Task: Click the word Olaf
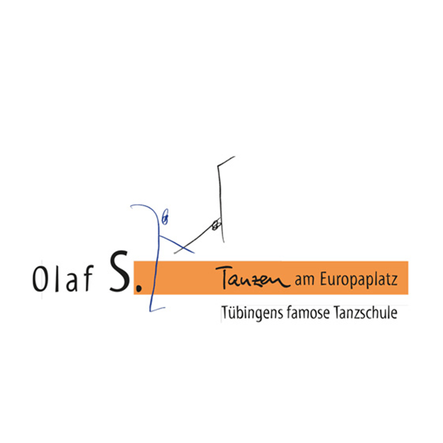tap(63, 279)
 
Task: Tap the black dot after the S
tap(138, 288)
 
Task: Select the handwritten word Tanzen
tap(252, 278)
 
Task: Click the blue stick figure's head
tap(165, 217)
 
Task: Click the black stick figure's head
tap(216, 225)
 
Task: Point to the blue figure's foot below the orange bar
tap(157, 309)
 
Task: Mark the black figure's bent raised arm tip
tap(234, 156)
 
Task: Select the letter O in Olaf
tap(39, 279)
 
